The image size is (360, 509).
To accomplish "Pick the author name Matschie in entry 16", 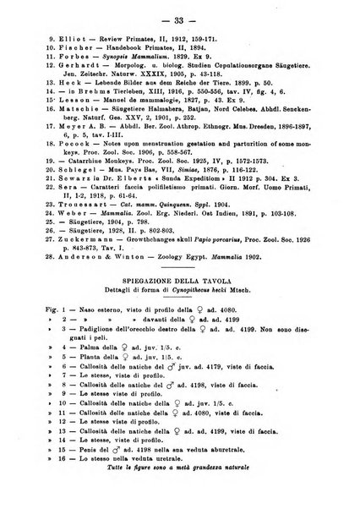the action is [75, 129].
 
